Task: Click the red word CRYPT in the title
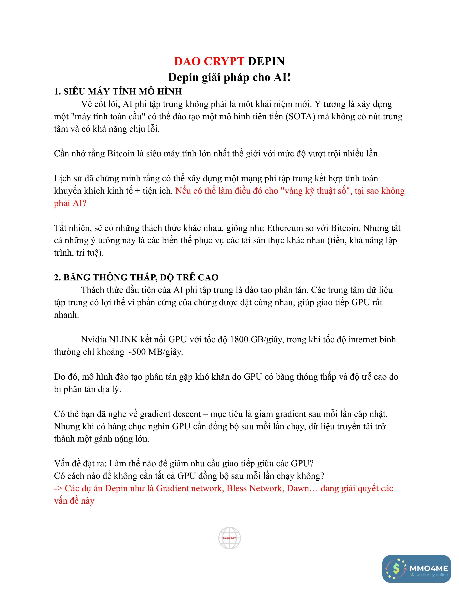coord(224,61)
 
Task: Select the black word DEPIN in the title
coord(266,61)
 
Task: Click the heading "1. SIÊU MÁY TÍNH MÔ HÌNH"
coord(118,92)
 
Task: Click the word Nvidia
coord(94,339)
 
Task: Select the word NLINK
coord(123,339)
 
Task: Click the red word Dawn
coord(298,489)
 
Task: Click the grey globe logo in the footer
coord(229,538)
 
